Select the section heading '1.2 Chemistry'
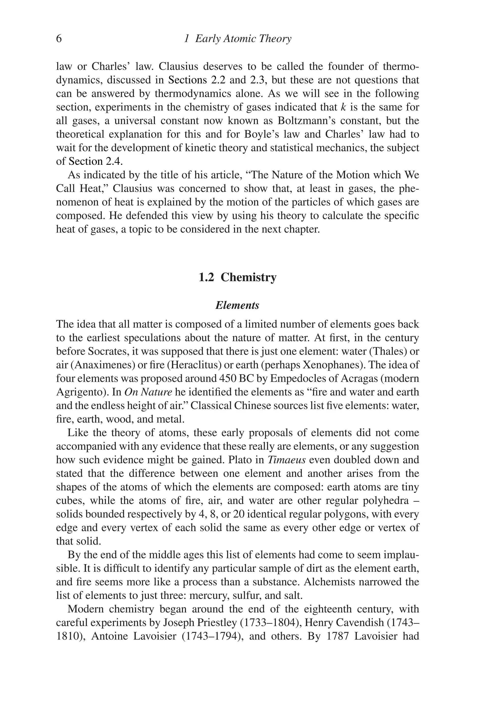(238, 277)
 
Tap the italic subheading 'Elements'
(237, 305)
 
